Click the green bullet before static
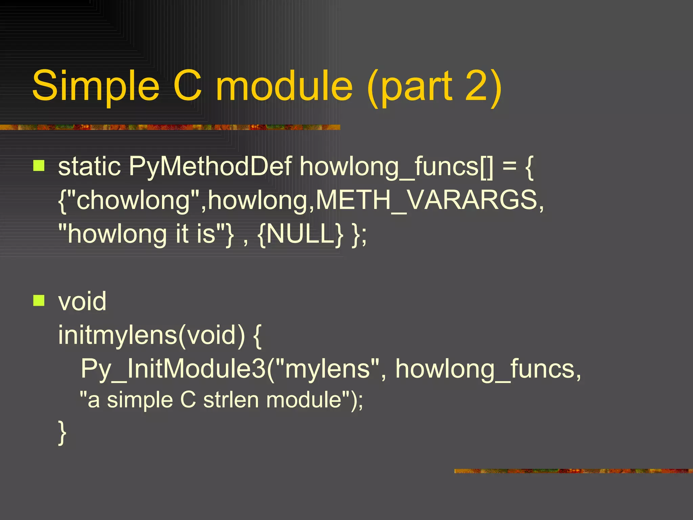(39, 166)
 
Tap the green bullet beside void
(39, 300)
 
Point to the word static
(89, 167)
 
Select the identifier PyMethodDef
(210, 167)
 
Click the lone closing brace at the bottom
(62, 433)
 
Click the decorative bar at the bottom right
(573, 471)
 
